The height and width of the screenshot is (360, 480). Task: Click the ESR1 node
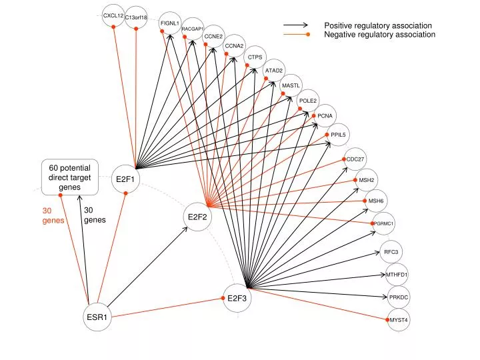tap(97, 317)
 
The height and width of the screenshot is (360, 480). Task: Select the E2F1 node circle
tap(125, 179)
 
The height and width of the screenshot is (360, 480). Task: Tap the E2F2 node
tap(197, 217)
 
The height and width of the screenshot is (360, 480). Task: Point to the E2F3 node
tap(237, 298)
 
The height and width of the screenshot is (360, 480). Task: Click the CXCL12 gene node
tap(113, 15)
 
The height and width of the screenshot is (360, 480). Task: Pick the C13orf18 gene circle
tap(136, 17)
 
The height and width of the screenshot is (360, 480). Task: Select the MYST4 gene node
tap(399, 320)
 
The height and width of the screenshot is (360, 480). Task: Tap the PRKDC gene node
tap(399, 297)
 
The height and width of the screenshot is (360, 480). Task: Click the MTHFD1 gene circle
tap(397, 275)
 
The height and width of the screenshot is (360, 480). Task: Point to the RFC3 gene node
tap(391, 252)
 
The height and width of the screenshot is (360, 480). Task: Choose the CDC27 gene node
tap(355, 159)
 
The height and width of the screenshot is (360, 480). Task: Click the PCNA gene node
tap(325, 116)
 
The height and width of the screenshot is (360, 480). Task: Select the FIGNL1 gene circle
tap(170, 23)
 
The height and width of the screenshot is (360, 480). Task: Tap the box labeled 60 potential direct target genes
tap(70, 177)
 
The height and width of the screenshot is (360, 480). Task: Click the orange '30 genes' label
tap(53, 215)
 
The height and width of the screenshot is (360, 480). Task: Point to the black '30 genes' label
tap(95, 215)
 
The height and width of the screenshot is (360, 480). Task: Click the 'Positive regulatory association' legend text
tap(378, 25)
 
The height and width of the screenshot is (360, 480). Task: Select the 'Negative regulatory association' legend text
tap(379, 34)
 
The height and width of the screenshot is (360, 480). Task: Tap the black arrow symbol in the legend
tap(295, 25)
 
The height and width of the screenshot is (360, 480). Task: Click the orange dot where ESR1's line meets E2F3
tap(223, 298)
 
